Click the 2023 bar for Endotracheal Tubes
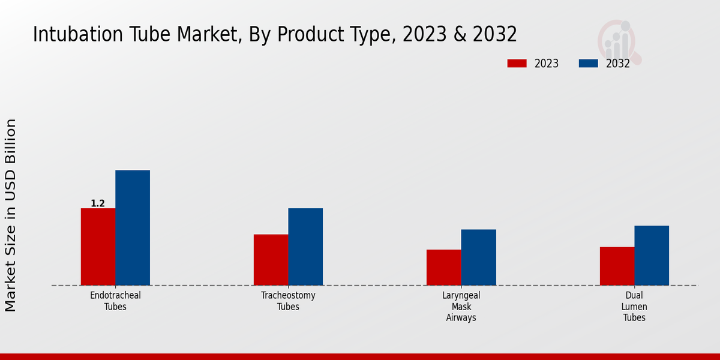click(x=98, y=247)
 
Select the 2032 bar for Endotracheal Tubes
click(x=133, y=227)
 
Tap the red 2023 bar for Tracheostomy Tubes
click(x=271, y=260)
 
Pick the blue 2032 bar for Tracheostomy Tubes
click(x=305, y=247)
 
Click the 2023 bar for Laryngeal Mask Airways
click(x=444, y=267)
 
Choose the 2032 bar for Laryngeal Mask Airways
click(x=479, y=257)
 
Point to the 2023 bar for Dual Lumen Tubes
click(x=617, y=266)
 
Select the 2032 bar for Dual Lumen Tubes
click(x=652, y=255)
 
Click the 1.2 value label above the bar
click(x=98, y=203)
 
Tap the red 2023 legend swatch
click(x=517, y=64)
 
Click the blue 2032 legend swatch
click(x=588, y=64)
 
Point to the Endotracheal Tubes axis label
click(x=115, y=301)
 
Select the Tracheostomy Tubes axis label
click(x=288, y=301)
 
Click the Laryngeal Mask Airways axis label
click(x=461, y=307)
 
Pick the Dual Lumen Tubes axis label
click(x=634, y=307)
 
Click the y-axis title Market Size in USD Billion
click(x=11, y=215)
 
